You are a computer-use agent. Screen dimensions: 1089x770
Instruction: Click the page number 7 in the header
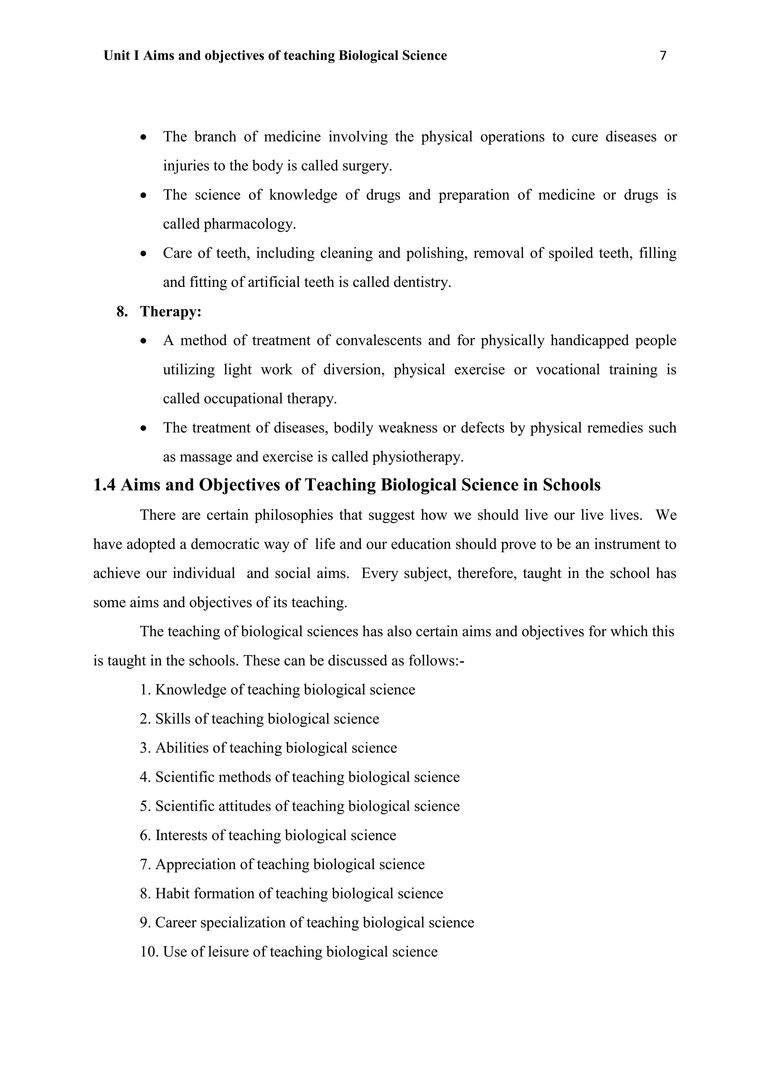tap(663, 56)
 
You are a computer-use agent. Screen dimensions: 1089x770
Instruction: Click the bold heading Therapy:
tap(171, 312)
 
